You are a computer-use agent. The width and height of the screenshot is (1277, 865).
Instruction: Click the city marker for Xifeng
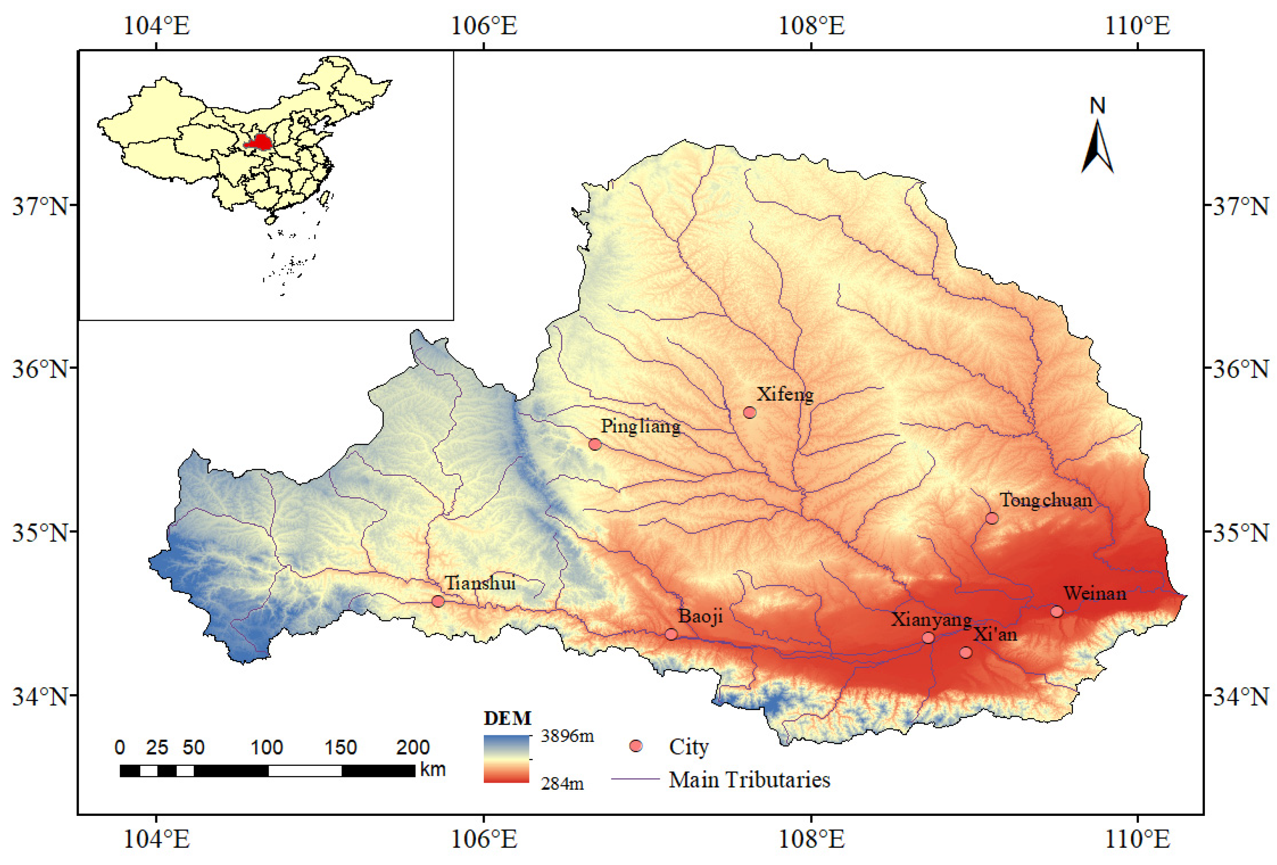749,412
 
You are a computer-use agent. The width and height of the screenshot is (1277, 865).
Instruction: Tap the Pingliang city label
640,426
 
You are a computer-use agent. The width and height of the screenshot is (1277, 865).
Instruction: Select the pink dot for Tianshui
438,601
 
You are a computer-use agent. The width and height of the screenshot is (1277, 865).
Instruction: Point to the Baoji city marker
671,634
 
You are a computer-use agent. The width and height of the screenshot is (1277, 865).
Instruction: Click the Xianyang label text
931,619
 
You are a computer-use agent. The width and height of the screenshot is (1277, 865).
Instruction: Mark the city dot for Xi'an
965,653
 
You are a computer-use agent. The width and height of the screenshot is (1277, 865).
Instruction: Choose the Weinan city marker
1057,611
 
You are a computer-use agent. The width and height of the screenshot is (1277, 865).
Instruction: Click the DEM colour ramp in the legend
506,758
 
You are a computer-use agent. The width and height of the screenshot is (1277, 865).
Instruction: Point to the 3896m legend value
567,735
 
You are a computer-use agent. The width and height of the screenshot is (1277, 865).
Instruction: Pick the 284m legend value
562,783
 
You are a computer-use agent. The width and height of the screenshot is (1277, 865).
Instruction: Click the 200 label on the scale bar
413,747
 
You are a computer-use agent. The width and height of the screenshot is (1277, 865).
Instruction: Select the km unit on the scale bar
432,769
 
